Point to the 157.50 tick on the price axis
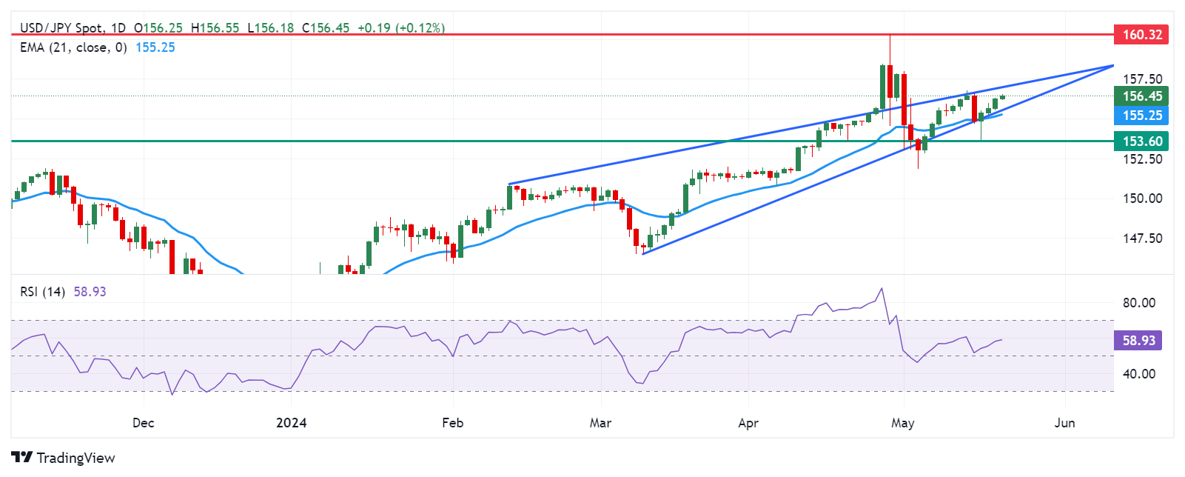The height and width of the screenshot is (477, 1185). [x=1142, y=79]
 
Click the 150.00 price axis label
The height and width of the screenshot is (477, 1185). [x=1142, y=199]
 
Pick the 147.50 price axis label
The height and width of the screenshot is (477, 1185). [x=1142, y=238]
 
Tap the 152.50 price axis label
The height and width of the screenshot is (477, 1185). [x=1142, y=159]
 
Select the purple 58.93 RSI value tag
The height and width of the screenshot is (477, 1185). [x=1138, y=340]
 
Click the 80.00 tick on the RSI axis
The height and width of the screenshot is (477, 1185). [x=1138, y=303]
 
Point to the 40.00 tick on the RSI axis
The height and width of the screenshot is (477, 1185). [x=1138, y=374]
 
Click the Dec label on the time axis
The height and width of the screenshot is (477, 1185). [x=143, y=423]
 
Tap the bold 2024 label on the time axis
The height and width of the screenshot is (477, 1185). [x=291, y=423]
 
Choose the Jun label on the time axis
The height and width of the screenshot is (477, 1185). [x=1064, y=423]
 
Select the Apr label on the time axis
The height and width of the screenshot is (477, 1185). [x=748, y=423]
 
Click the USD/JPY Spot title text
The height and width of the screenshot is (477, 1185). [x=62, y=28]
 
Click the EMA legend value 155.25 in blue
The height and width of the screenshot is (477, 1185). [x=155, y=47]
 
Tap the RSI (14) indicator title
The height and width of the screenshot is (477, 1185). [x=42, y=292]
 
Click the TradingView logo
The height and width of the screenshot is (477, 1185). [x=64, y=458]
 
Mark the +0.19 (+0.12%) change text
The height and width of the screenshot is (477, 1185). [x=401, y=28]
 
